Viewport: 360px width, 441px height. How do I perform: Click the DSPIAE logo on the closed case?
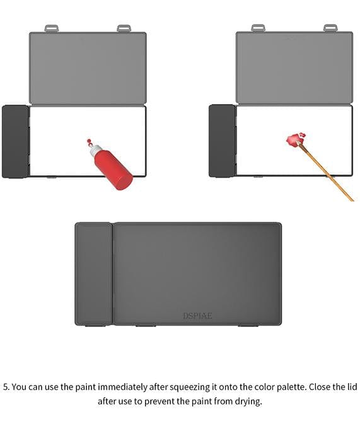pos(197,316)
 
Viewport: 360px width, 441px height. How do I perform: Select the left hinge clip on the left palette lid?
pos(52,28)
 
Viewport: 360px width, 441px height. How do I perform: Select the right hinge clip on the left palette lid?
pos(124,28)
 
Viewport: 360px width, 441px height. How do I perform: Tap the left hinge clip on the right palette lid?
pos(258,28)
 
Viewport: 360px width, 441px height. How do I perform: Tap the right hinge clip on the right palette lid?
pos(330,28)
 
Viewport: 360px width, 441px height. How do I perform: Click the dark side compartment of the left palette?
pos(16,142)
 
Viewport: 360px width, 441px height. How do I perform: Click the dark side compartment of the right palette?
pos(223,140)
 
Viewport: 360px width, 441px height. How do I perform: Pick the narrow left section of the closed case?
pos(93,273)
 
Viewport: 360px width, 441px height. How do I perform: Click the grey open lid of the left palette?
pos(88,68)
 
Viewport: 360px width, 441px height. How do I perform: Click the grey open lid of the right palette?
pos(294,67)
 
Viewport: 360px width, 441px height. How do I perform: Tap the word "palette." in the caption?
pos(292,387)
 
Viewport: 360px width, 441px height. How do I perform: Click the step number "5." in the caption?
pos(6,387)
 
